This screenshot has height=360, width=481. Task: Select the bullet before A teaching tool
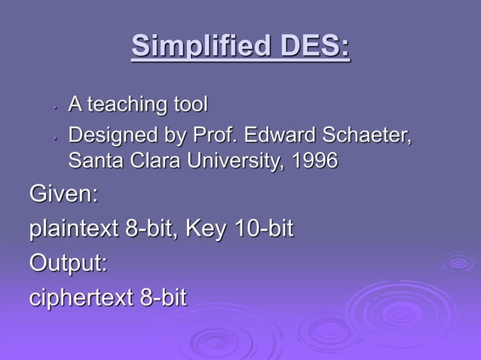55,107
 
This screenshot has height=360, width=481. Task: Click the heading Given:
64,194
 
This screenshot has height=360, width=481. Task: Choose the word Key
206,229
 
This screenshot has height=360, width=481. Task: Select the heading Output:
69,264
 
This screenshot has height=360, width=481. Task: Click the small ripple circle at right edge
458,262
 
